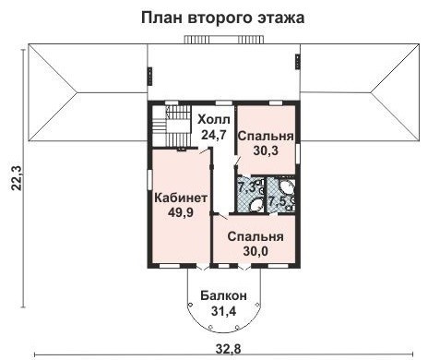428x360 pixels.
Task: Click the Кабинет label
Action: tap(180, 198)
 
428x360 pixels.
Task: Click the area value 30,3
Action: tap(266, 152)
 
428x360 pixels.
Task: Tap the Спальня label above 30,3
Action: tap(266, 137)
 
